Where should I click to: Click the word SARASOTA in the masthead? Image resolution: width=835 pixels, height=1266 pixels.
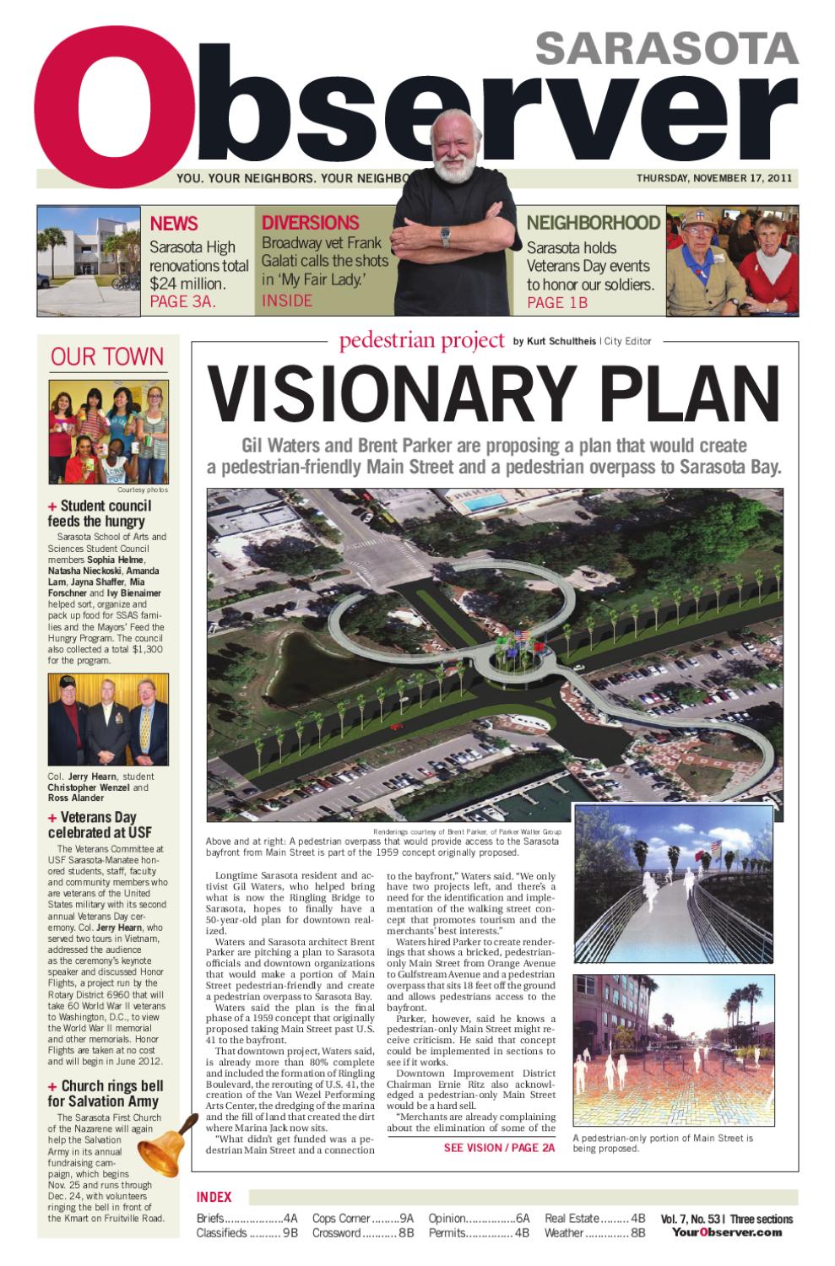tap(666, 49)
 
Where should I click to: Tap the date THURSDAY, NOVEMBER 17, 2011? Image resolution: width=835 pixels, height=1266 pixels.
tap(713, 178)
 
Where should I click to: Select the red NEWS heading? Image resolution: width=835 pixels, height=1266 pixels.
tap(174, 224)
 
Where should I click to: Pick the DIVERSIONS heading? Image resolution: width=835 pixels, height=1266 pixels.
tap(310, 223)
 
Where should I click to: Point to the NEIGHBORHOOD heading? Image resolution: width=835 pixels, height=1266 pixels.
tap(593, 223)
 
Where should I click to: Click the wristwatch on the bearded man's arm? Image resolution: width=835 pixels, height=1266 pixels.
tap(445, 236)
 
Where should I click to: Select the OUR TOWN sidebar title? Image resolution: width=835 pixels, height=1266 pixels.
tap(107, 356)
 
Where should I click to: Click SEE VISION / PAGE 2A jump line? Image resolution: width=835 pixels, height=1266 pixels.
tap(499, 1148)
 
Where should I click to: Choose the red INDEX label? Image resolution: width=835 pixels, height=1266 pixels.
tap(214, 1197)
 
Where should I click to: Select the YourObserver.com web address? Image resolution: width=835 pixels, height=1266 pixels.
tap(727, 1232)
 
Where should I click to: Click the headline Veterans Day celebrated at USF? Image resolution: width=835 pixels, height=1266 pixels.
tap(100, 825)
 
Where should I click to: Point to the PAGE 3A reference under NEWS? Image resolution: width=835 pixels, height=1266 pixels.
tap(182, 301)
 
